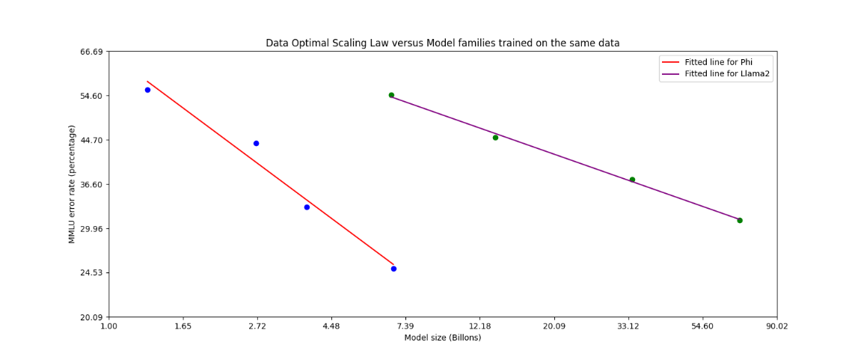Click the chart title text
pyautogui.click(x=442, y=43)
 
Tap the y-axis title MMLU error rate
pyautogui.click(x=73, y=184)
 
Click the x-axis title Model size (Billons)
pyautogui.click(x=442, y=338)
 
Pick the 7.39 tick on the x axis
pyautogui.click(x=405, y=326)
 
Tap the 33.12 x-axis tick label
pyautogui.click(x=628, y=326)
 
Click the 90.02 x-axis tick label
pyautogui.click(x=776, y=326)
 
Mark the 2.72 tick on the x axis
pyautogui.click(x=257, y=326)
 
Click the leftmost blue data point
pyautogui.click(x=147, y=90)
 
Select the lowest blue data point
pyautogui.click(x=393, y=269)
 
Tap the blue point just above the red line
pyautogui.click(x=256, y=143)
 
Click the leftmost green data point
pyautogui.click(x=391, y=95)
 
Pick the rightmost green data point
pyautogui.click(x=740, y=220)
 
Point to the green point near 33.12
pyautogui.click(x=632, y=180)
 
